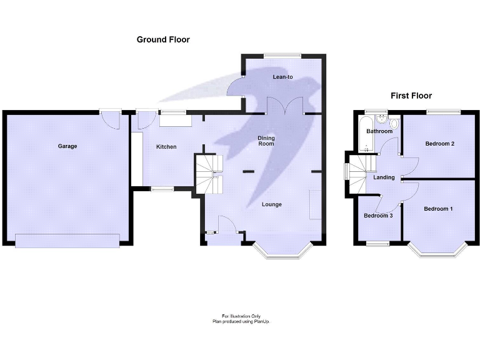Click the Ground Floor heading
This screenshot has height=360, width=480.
(x=163, y=39)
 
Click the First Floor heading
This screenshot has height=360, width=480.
(x=411, y=96)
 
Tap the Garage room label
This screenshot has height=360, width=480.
(x=67, y=146)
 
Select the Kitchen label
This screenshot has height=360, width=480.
(x=166, y=147)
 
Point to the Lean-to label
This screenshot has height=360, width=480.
(x=282, y=77)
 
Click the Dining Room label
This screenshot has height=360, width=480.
(x=266, y=141)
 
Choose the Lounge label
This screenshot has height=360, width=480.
(x=272, y=204)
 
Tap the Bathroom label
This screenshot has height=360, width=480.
(x=379, y=131)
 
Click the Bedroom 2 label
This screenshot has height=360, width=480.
(x=439, y=144)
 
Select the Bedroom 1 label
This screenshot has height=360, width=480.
(x=437, y=209)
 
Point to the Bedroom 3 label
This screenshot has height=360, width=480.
(x=378, y=216)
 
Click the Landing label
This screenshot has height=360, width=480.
(x=384, y=177)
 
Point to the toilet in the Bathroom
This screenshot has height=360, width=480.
(x=392, y=122)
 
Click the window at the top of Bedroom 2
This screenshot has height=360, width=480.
(x=444, y=112)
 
